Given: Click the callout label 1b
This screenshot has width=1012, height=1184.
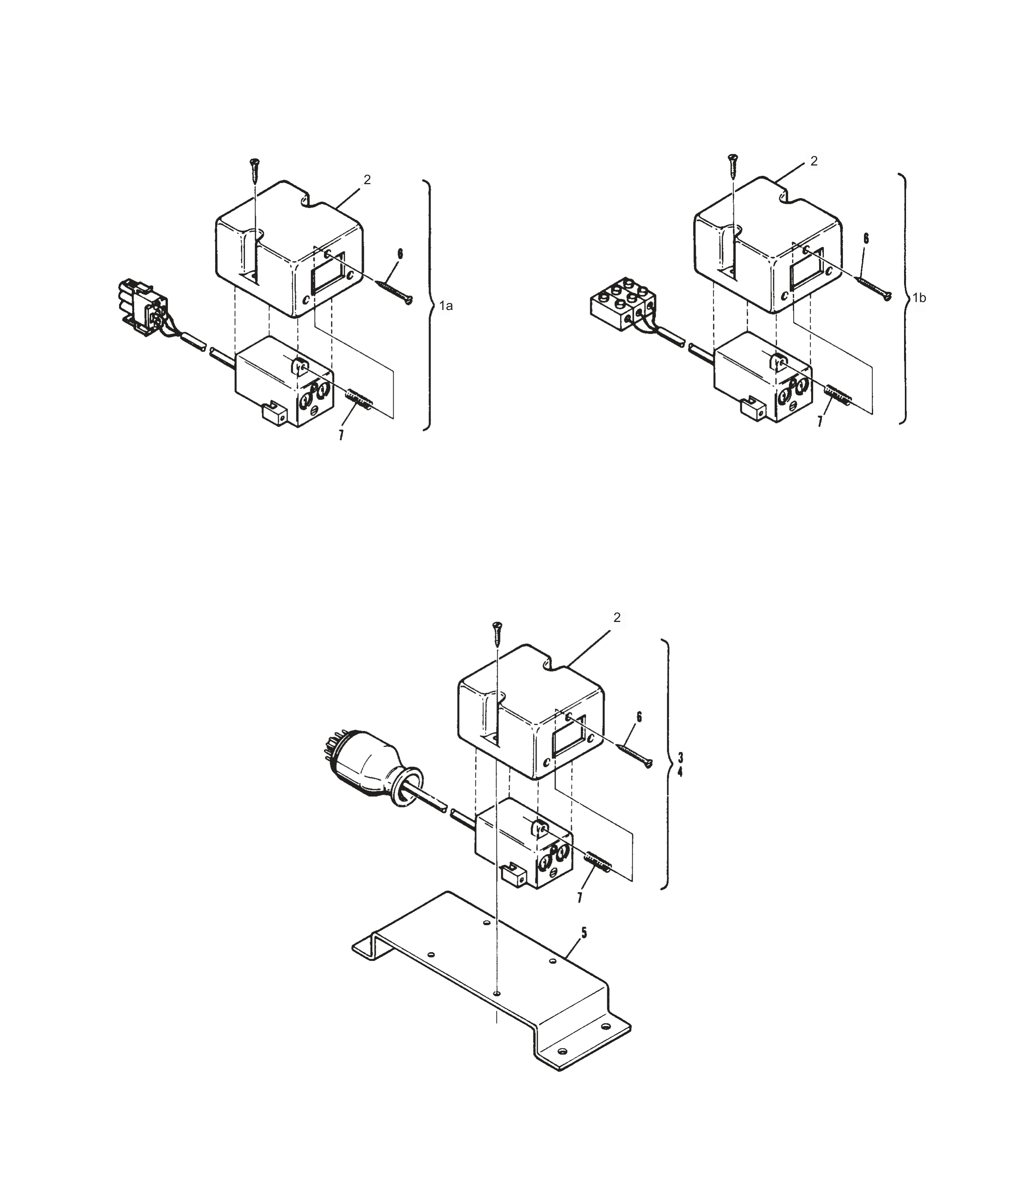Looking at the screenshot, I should [x=919, y=298].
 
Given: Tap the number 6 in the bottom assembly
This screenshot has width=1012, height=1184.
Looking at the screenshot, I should [x=639, y=716].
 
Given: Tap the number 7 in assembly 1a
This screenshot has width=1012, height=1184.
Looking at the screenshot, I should [x=341, y=435].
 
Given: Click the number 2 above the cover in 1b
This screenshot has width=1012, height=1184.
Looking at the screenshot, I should [x=814, y=161].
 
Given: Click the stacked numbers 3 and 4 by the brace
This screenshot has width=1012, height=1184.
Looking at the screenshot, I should [x=680, y=764].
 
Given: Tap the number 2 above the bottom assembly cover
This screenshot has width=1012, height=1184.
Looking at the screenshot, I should [x=617, y=618].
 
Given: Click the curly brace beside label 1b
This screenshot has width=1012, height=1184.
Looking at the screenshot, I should [x=903, y=297].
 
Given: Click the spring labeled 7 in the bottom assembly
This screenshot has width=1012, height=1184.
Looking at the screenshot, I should [x=598, y=874].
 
